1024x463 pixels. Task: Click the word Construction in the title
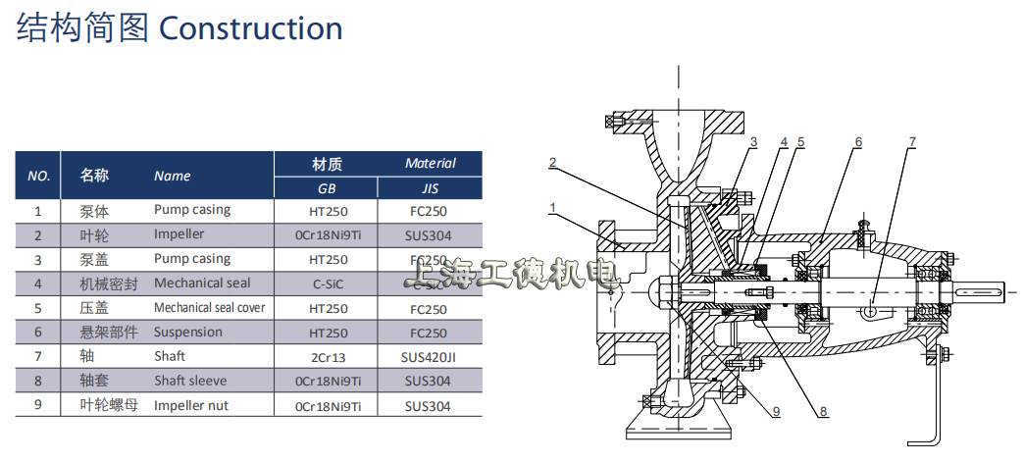250,27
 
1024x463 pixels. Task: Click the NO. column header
38,176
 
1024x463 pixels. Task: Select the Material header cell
431,163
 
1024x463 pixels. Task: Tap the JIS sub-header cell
431,188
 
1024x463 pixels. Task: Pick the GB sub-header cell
328,188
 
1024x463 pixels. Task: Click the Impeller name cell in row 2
179,234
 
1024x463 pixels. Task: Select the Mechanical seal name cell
201,283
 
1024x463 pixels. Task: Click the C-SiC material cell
328,283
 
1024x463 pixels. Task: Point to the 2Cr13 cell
328,356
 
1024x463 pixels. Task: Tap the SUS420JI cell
431,356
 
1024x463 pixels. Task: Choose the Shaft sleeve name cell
189,381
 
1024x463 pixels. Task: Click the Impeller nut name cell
188,404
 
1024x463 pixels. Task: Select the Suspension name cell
187,332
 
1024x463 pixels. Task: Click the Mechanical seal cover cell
209,308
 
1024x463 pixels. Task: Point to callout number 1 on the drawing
553,207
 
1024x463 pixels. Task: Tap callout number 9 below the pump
775,412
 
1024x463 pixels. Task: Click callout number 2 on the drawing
553,162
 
